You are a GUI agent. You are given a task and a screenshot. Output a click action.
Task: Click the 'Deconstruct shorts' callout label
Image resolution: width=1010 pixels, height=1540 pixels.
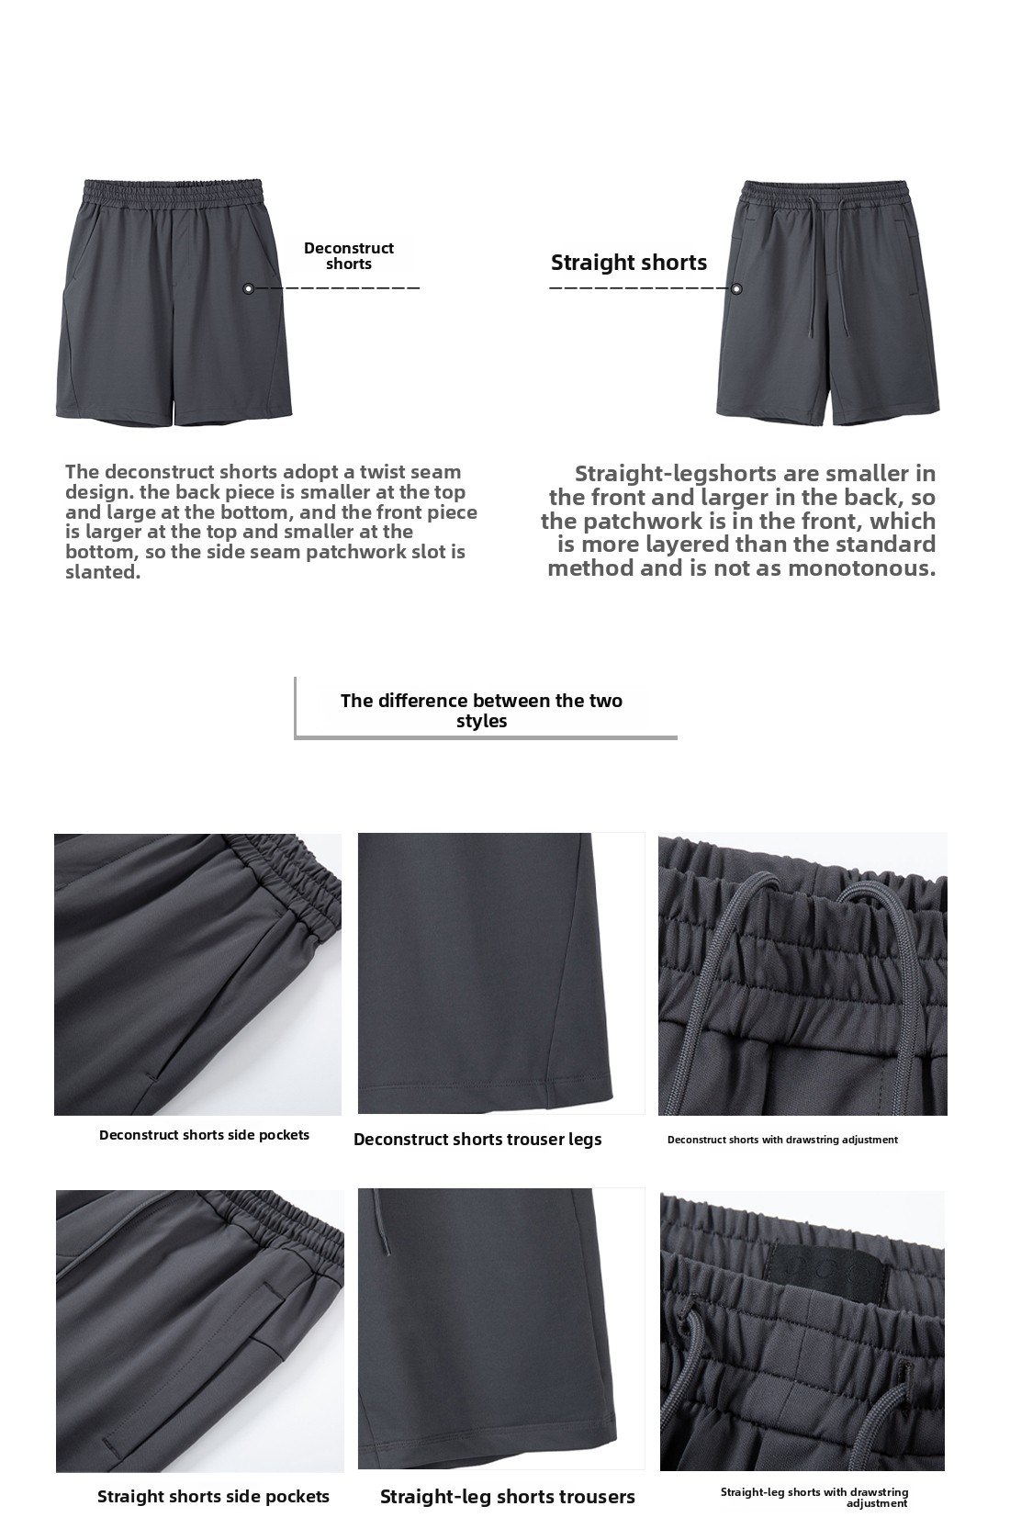349,256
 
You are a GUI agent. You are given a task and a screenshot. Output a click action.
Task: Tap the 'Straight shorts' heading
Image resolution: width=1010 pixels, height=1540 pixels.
629,263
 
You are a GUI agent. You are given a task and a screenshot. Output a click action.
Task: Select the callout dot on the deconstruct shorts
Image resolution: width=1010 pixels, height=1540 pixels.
248,288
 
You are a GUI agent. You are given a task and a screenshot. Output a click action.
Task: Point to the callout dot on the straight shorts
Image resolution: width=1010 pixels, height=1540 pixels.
736,289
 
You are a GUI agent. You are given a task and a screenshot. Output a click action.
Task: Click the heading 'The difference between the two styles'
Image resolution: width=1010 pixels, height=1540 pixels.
481,710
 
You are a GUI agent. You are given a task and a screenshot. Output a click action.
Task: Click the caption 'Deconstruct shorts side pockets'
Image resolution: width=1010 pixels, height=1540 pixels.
204,1135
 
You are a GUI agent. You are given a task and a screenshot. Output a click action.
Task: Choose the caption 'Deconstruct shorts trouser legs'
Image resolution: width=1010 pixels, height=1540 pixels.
477,1140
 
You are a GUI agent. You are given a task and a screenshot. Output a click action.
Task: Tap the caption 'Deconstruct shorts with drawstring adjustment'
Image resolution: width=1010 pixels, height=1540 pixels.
782,1140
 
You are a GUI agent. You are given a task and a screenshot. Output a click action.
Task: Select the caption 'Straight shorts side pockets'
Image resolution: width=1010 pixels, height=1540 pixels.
213,1497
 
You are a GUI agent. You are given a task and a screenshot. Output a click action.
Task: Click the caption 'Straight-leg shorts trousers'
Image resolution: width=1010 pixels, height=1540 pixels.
508,1497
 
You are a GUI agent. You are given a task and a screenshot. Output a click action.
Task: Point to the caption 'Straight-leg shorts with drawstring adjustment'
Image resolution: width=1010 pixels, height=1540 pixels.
814,1498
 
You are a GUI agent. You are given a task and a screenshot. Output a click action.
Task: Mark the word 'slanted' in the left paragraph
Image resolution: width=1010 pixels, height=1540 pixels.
102,572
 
